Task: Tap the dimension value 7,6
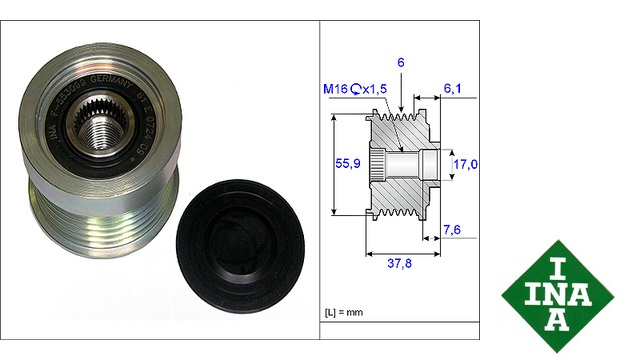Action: [452, 230]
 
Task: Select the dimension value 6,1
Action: [453, 89]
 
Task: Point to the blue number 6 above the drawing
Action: [401, 62]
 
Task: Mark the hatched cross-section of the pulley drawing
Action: [410, 185]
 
